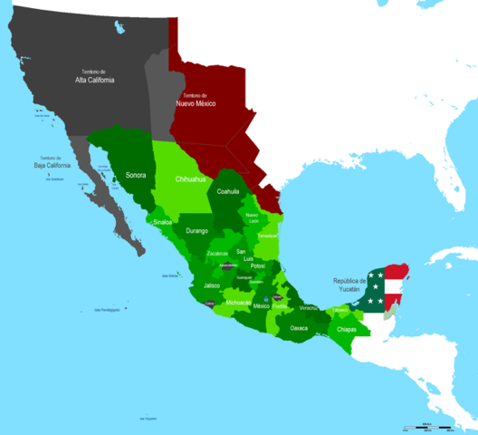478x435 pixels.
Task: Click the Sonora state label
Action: (135, 174)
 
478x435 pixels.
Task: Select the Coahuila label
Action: (227, 192)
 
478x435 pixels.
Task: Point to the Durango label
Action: (197, 231)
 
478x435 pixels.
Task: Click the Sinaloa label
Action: (164, 220)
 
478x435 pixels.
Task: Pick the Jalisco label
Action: (212, 285)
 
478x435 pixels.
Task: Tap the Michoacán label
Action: (240, 301)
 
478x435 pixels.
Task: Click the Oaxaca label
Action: (300, 328)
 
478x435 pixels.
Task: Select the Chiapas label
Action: (347, 330)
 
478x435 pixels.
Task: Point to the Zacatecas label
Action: (217, 254)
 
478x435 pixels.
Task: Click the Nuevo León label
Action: (252, 217)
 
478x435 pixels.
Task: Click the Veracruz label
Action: (310, 308)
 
